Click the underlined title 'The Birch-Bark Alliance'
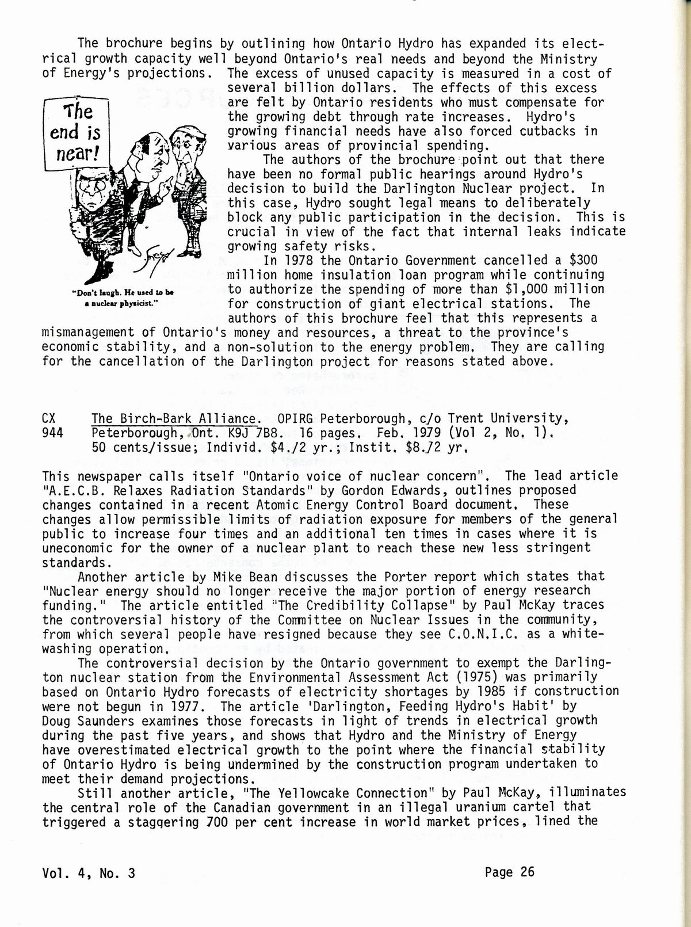click(174, 418)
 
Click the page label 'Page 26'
click(509, 872)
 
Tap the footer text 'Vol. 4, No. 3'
click(89, 873)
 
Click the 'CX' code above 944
click(49, 418)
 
